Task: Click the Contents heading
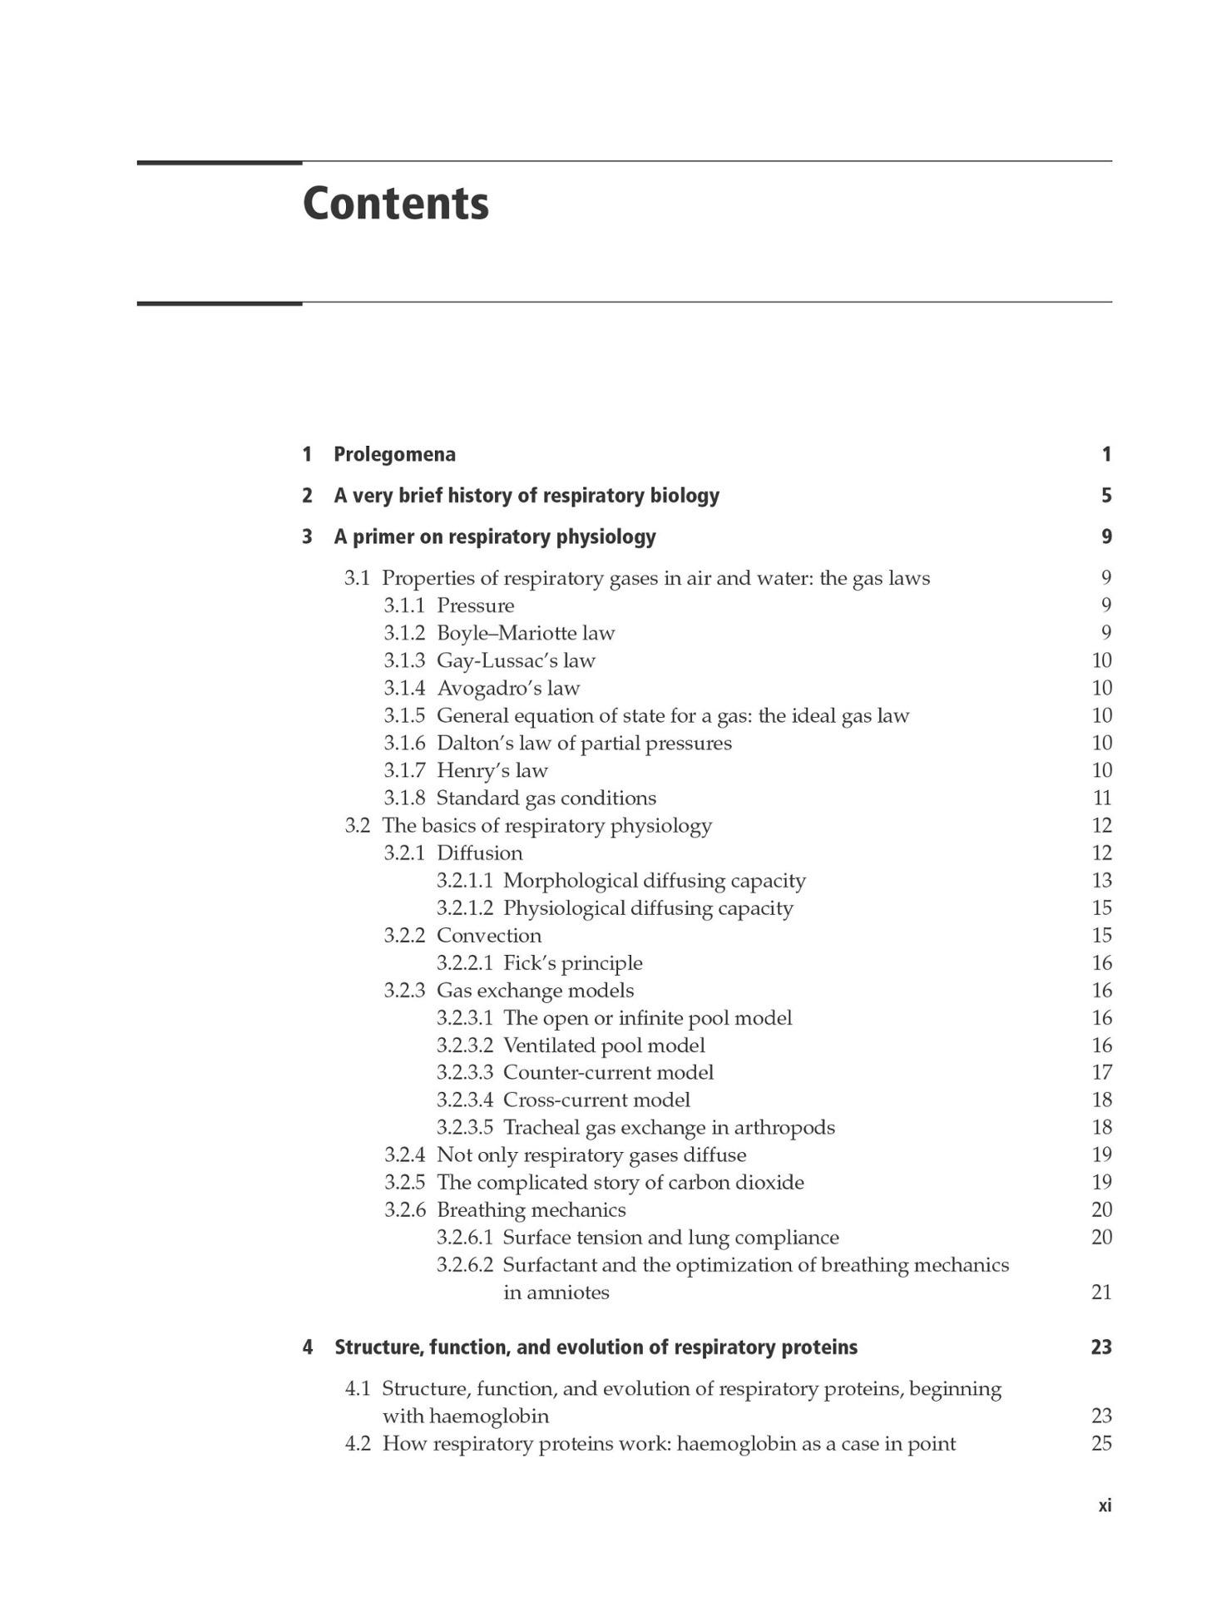coord(395,203)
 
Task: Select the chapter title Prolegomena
coord(394,454)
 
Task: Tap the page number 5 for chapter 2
coord(1105,496)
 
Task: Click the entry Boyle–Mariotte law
coord(525,633)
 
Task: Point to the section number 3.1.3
coord(404,660)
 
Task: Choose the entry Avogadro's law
coord(507,688)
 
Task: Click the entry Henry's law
coord(492,770)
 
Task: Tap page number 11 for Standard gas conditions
coord(1101,798)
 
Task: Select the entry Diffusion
coord(479,853)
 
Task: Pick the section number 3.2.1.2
coord(464,907)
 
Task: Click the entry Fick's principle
coord(572,962)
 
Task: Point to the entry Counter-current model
coord(608,1072)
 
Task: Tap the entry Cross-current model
coord(596,1100)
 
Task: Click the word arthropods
coord(784,1127)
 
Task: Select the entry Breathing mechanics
coord(531,1209)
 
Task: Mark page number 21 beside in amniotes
coord(1100,1292)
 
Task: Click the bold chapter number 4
coord(308,1347)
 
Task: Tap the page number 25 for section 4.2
coord(1100,1443)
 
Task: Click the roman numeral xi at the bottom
coord(1104,1506)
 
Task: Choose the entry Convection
coord(488,935)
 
